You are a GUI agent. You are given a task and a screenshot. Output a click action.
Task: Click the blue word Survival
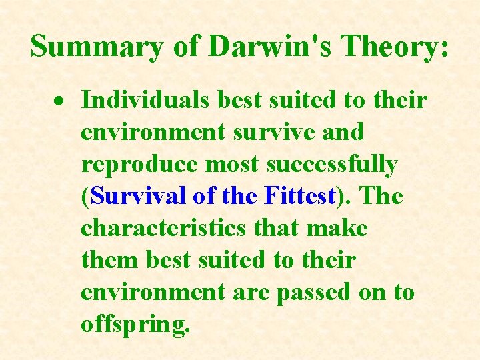pyautogui.click(x=137, y=196)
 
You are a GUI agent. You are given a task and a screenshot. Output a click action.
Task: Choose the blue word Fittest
pyautogui.click(x=299, y=196)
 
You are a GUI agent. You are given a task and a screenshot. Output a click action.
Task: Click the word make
pyautogui.click(x=337, y=228)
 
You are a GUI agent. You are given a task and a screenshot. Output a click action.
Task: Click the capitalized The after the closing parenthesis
pyautogui.click(x=381, y=196)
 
